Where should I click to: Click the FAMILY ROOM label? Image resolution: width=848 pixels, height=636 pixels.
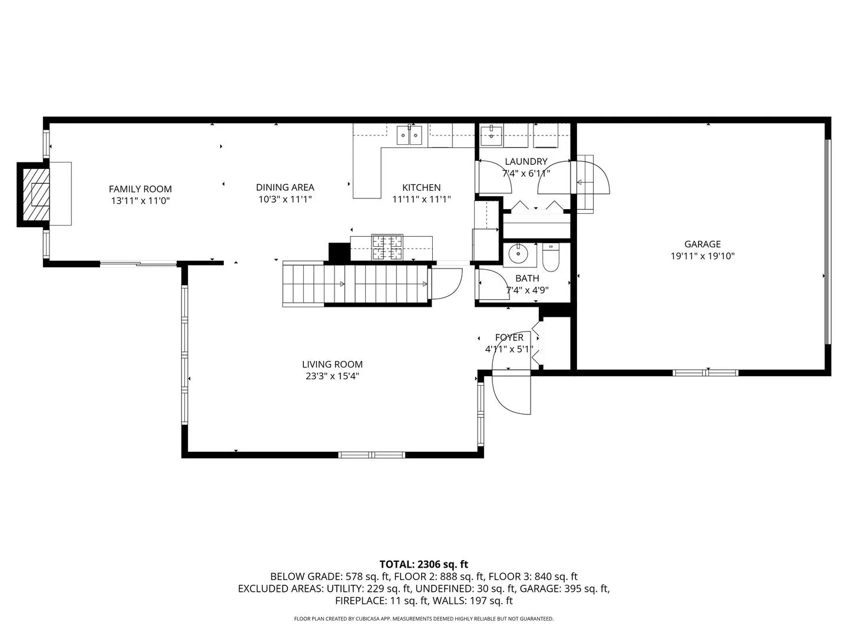tap(140, 189)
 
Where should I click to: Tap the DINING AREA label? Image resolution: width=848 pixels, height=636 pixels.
tap(284, 187)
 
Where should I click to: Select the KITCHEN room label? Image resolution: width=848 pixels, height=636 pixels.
tap(421, 187)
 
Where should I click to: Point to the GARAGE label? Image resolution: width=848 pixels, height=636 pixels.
tap(702, 244)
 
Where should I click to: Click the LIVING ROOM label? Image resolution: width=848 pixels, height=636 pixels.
tap(332, 364)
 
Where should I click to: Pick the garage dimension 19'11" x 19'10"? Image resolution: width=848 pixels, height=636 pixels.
tap(702, 256)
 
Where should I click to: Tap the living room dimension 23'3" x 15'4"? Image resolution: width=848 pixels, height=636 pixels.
tap(332, 376)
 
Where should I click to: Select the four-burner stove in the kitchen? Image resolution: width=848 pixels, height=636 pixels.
tap(387, 247)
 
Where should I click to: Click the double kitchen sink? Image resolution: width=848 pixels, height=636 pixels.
tap(409, 135)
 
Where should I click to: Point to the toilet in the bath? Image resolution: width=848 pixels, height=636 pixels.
tap(551, 257)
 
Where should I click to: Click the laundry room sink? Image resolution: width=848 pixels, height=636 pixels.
tap(491, 136)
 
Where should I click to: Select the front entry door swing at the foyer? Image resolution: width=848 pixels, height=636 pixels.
tap(511, 392)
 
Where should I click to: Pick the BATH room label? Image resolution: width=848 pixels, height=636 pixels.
tap(527, 278)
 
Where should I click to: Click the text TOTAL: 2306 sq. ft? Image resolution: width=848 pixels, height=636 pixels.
tap(423, 564)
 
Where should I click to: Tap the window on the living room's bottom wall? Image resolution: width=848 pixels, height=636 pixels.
tap(372, 455)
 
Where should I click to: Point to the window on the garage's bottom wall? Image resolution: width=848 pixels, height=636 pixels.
tap(705, 373)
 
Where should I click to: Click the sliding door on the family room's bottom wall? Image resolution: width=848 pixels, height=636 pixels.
tap(138, 264)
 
